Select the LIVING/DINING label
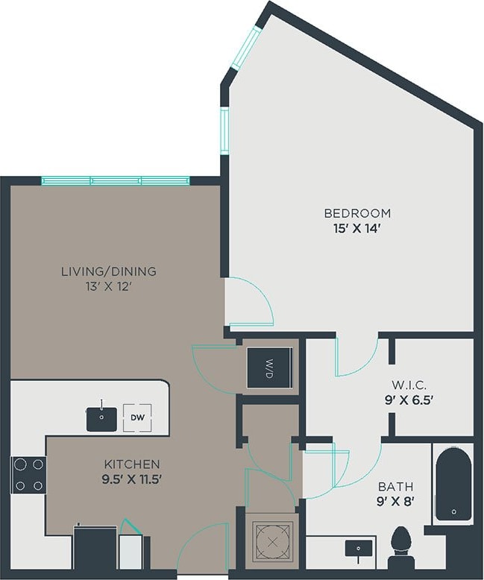109,271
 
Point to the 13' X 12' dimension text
109,287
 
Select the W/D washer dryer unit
269,367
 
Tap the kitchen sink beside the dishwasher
101,418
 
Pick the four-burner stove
28,475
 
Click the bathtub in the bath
453,484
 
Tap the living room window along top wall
115,180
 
